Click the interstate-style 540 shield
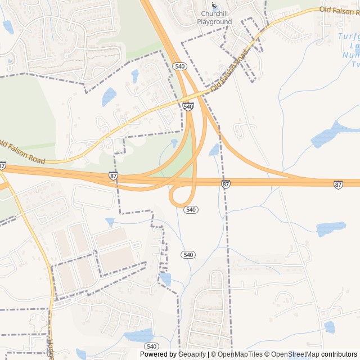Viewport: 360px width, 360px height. coord(188,106)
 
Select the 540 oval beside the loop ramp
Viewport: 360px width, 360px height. coord(191,209)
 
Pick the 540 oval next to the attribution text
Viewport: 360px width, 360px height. coord(151,346)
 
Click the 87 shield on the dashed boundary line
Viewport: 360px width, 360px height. coord(226,184)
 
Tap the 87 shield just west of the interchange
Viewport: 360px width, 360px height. coord(114,176)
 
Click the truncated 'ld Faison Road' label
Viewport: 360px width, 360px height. coord(22,152)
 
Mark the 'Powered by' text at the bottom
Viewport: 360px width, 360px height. coord(157,354)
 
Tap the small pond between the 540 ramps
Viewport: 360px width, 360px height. coord(214,150)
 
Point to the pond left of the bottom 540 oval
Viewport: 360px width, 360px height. coord(139,336)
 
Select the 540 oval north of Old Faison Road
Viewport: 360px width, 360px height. coord(180,66)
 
